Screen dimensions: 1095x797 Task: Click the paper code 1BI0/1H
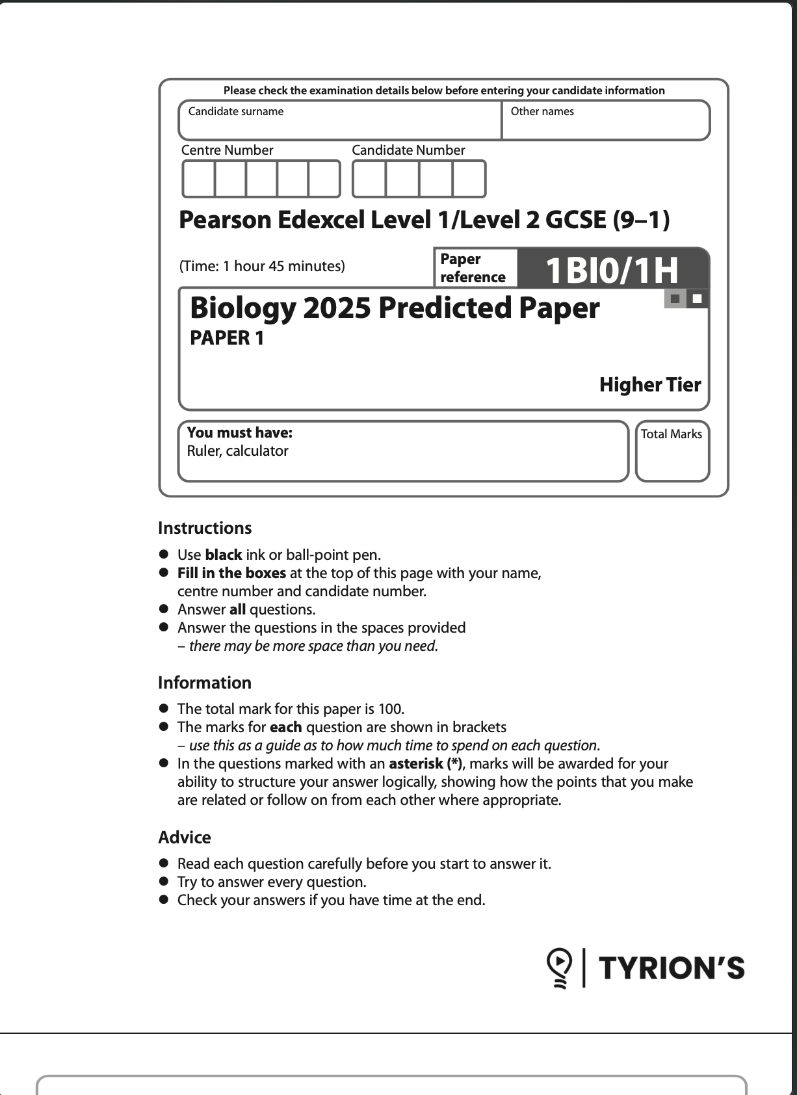tap(612, 270)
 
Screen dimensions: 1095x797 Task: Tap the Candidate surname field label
tap(236, 111)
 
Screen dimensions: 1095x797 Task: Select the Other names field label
tap(542, 111)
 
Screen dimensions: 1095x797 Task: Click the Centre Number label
tap(227, 150)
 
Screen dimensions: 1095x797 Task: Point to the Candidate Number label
tap(408, 150)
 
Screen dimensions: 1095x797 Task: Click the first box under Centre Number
tap(199, 179)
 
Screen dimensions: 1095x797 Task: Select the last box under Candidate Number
tap(469, 179)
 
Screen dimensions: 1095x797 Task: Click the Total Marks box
tap(672, 452)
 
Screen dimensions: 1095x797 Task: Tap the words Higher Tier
tap(650, 384)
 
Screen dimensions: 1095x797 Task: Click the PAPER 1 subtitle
tap(227, 338)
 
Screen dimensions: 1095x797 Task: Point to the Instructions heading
tap(205, 528)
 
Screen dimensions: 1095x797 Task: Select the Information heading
tap(205, 683)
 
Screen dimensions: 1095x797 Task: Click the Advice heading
tap(185, 838)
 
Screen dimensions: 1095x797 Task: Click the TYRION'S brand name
tap(671, 968)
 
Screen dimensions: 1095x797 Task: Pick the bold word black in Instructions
tap(223, 555)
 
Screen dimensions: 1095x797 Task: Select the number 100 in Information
tap(391, 709)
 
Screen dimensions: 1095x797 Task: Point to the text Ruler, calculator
tap(237, 451)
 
